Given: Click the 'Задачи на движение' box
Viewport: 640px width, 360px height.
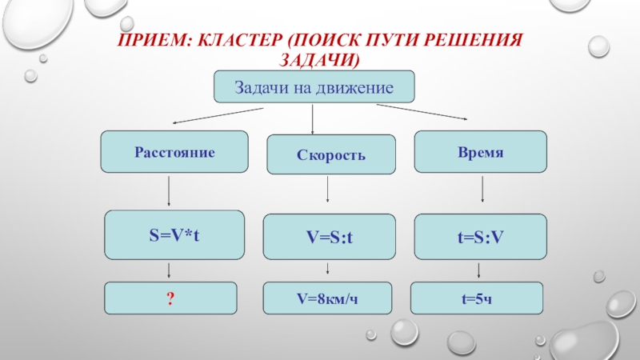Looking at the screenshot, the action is pyautogui.click(x=313, y=86).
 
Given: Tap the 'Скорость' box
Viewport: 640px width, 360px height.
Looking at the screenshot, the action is pyautogui.click(x=330, y=154).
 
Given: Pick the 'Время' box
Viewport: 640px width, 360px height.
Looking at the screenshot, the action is pyautogui.click(x=481, y=152).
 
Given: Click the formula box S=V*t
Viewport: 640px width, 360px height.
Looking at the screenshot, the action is pyautogui.click(x=174, y=234).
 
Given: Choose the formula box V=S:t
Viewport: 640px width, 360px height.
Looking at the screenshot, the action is pyautogui.click(x=330, y=237).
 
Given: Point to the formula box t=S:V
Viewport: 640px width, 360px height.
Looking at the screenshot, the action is pyautogui.click(x=480, y=237).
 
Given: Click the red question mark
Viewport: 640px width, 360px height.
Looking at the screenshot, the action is pyautogui.click(x=170, y=298).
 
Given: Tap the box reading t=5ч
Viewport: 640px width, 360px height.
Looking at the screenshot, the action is pyautogui.click(x=475, y=298).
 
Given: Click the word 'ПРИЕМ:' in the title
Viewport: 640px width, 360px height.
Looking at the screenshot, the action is pyautogui.click(x=151, y=39).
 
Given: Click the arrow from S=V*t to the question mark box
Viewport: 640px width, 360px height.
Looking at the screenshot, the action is pyautogui.click(x=171, y=270).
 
